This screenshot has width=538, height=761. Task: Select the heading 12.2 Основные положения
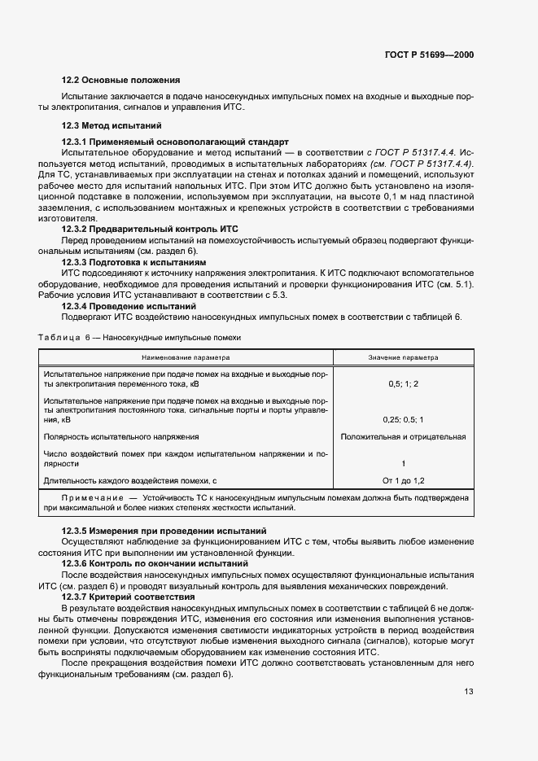[x=120, y=80]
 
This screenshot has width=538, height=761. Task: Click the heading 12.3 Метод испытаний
[x=112, y=125]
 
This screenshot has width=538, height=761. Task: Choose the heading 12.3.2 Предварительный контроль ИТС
[x=150, y=230]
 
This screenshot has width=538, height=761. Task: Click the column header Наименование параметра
[x=186, y=356]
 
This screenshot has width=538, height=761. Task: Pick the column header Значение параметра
[x=403, y=356]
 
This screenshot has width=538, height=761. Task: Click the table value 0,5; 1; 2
[x=403, y=383]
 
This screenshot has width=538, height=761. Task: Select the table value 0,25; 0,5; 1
[x=403, y=419]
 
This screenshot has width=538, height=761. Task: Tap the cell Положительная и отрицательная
[x=403, y=437]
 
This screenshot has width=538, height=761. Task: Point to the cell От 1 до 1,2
[x=403, y=481]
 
